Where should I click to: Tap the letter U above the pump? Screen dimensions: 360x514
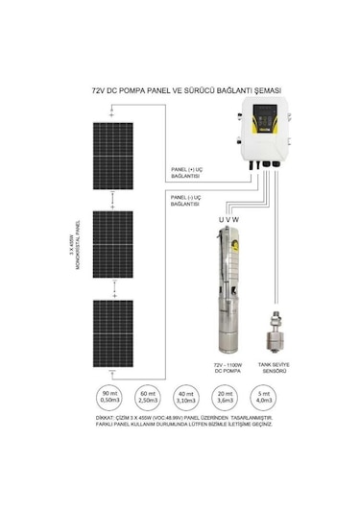coord(222,220)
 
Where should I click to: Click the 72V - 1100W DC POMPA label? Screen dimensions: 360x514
coord(231,369)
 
